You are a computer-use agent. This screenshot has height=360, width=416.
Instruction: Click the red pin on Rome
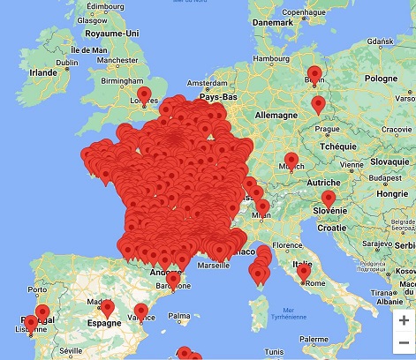pos(303,272)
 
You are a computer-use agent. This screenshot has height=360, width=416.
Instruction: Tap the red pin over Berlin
pos(314,75)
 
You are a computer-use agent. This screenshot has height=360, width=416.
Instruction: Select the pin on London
pos(144,94)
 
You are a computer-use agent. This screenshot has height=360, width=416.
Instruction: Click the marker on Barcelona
pos(173,279)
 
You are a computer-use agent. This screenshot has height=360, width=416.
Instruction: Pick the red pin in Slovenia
pos(329,199)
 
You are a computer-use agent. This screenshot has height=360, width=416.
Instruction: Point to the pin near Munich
pos(291,161)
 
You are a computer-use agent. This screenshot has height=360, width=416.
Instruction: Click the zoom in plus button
pos(404,320)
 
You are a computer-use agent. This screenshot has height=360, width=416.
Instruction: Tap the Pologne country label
pos(382,79)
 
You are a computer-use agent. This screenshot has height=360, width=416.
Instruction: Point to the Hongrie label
pos(392,193)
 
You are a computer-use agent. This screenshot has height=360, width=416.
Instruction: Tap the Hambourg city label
pos(271,60)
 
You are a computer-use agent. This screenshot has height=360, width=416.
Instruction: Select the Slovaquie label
pos(390,161)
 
